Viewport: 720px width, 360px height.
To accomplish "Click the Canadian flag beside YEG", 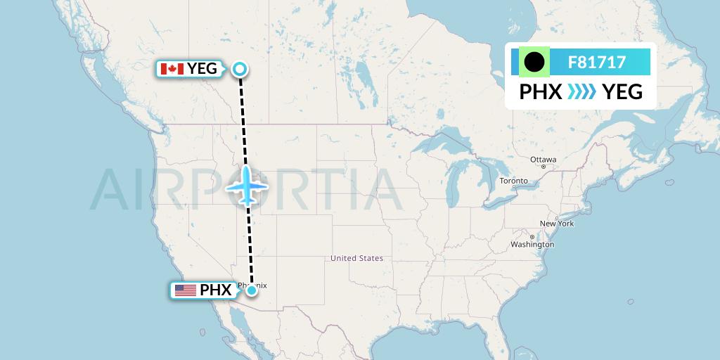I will click(x=172, y=69).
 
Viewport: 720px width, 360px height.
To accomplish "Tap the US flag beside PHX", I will click(x=186, y=290).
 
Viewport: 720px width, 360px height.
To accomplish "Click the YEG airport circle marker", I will click(x=240, y=69).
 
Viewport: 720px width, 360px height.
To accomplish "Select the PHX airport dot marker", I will click(x=251, y=290).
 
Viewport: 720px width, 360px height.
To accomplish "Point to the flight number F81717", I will click(x=597, y=63).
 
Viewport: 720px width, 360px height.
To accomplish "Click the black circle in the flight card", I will click(x=534, y=63).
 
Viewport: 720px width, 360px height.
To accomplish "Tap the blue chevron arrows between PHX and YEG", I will click(x=581, y=91).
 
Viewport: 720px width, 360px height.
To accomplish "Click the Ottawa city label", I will click(x=543, y=160).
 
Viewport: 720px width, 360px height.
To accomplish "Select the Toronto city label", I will click(x=513, y=181).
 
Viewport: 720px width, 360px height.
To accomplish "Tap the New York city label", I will click(x=557, y=224).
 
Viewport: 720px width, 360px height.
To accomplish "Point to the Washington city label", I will click(x=532, y=245).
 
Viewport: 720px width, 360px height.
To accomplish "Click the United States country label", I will click(x=357, y=258).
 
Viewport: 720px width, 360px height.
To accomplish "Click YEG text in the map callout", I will click(x=202, y=69).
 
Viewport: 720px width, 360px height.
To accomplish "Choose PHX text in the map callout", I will click(x=216, y=290).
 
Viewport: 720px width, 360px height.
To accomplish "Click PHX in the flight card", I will click(x=540, y=92).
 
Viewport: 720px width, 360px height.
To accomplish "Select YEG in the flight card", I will click(x=623, y=92).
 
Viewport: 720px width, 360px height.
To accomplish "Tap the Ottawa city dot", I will click(x=543, y=167).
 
